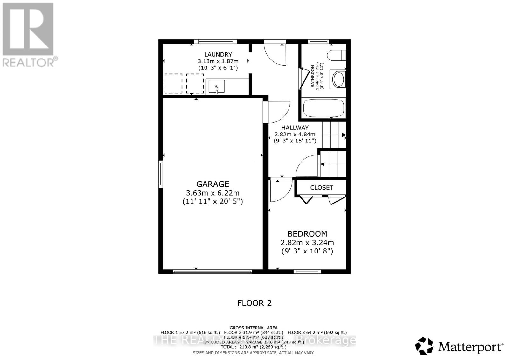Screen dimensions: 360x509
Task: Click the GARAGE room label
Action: (213, 184)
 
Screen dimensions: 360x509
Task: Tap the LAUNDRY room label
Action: (218, 54)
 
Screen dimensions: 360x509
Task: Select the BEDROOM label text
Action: (307, 234)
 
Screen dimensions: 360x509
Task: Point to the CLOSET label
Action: (322, 188)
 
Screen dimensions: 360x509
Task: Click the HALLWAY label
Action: (295, 128)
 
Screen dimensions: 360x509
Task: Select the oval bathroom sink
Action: (338, 79)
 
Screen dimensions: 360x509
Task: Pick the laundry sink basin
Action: (217, 87)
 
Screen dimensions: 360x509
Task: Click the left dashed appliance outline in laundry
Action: (173, 83)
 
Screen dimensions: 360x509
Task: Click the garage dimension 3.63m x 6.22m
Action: (213, 193)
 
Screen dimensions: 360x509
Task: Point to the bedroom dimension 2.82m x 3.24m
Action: (307, 243)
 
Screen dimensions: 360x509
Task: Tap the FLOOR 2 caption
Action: (254, 303)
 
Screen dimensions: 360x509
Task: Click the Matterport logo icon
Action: (424, 346)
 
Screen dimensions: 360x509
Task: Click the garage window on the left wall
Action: (161, 174)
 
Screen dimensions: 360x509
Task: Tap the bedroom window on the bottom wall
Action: (307, 272)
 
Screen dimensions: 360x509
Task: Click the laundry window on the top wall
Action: (215, 41)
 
